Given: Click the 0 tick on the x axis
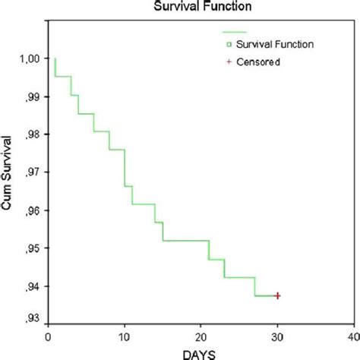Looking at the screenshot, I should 47,335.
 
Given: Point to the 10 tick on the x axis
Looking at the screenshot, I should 124,335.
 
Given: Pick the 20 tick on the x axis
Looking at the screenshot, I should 201,335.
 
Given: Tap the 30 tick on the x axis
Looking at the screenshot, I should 277,335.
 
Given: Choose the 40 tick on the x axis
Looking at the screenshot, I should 353,335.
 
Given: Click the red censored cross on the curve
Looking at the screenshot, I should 277,295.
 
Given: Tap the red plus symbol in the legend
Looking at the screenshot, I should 229,62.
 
